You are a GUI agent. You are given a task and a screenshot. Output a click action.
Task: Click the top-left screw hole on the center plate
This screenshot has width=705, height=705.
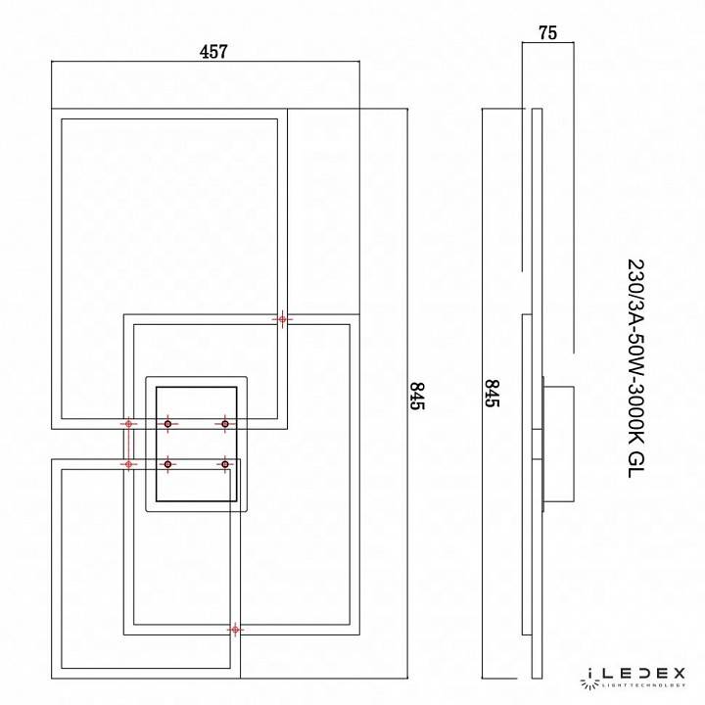[x=167, y=424]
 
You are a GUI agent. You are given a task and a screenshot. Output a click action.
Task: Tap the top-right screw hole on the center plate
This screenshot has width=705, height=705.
[x=225, y=424]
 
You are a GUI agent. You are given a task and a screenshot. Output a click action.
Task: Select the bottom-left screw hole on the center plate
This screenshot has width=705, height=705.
[x=167, y=463]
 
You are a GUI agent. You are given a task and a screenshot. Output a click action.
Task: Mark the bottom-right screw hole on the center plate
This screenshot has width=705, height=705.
[x=225, y=463]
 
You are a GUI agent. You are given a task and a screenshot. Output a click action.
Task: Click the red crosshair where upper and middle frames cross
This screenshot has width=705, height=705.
[x=283, y=319]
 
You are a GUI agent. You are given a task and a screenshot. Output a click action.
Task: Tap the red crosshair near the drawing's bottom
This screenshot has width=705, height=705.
[x=234, y=629]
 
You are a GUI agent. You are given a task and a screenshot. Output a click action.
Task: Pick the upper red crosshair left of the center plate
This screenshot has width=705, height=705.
[x=127, y=424]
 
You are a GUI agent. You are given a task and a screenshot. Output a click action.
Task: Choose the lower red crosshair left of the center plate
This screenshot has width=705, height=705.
[x=127, y=463]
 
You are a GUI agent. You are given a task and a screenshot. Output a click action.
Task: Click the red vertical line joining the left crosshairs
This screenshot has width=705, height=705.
[x=127, y=444]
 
